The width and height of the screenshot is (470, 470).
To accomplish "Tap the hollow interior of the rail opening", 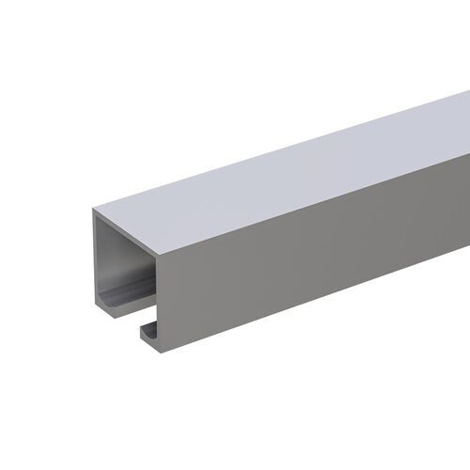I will pos(127,268).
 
